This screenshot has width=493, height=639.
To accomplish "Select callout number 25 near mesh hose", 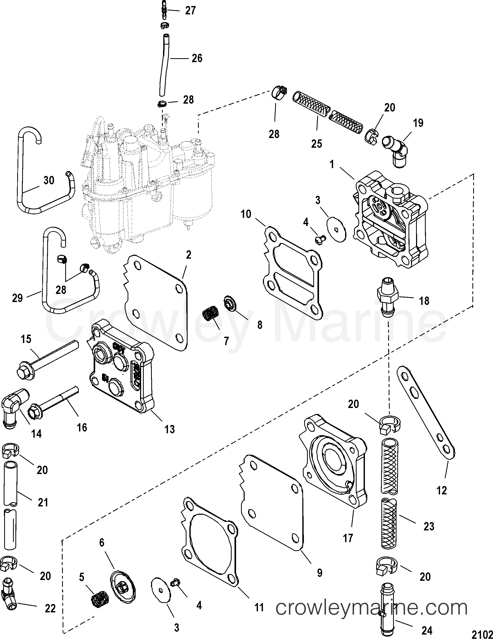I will (316, 144).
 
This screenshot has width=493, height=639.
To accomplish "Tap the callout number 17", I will (348, 538).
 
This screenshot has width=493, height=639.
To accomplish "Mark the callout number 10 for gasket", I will (246, 215).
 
